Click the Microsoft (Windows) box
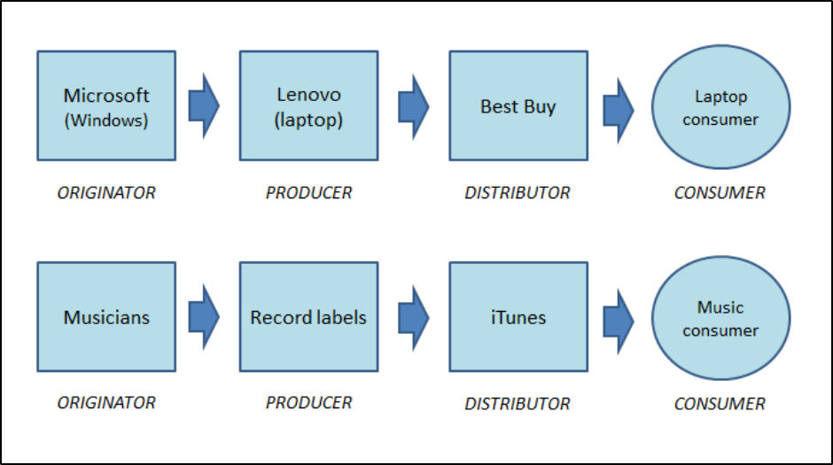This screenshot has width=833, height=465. [106, 105]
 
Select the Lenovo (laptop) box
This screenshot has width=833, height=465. [308, 105]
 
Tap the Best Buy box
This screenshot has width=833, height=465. [518, 105]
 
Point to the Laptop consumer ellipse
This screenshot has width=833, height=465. [720, 106]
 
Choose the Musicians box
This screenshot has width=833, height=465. [106, 316]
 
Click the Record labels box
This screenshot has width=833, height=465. [308, 316]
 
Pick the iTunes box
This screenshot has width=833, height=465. [518, 316]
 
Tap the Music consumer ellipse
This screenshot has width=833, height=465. [720, 318]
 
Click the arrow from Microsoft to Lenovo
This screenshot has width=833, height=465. [204, 106]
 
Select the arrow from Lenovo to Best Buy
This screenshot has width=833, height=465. [413, 106]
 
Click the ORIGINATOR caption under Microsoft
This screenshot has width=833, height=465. [106, 192]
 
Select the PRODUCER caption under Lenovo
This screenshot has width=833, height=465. [308, 192]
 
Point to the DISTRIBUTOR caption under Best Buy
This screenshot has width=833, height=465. [518, 192]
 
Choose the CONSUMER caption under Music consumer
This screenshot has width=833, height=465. [720, 403]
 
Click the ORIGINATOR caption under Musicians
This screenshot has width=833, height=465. [106, 402]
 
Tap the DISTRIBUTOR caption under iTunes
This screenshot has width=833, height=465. [518, 403]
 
